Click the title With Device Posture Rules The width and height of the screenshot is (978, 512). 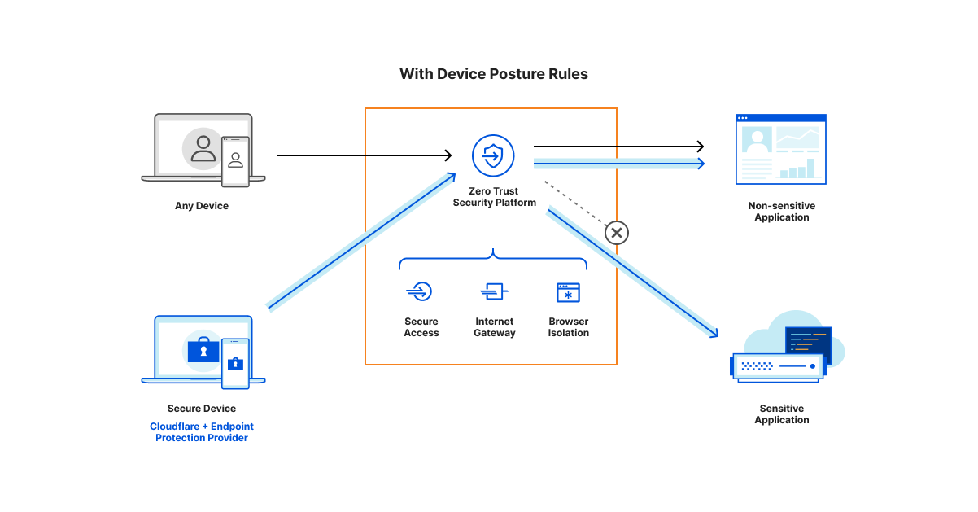pyautogui.click(x=493, y=74)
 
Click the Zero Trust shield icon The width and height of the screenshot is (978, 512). pyautogui.click(x=493, y=155)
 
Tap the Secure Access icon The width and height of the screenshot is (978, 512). pyautogui.click(x=421, y=291)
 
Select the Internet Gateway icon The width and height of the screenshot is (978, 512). pyautogui.click(x=494, y=291)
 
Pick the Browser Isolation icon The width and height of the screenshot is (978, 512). pyautogui.click(x=568, y=292)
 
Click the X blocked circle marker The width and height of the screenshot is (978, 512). pyautogui.click(x=616, y=234)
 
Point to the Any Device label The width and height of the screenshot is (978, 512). pyautogui.click(x=202, y=206)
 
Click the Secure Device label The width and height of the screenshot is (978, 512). pyautogui.click(x=202, y=409)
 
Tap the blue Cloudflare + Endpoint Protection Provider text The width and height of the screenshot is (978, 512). pyautogui.click(x=202, y=432)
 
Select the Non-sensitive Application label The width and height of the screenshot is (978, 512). pyautogui.click(x=781, y=212)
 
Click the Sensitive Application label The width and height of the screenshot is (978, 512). pyautogui.click(x=781, y=414)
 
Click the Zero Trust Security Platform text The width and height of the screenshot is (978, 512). pyautogui.click(x=494, y=197)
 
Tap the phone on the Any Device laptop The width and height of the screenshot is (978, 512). pyautogui.click(x=235, y=161)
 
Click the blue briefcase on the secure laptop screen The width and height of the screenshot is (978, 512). pyautogui.click(x=203, y=350)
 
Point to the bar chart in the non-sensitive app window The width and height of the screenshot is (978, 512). pyautogui.click(x=797, y=168)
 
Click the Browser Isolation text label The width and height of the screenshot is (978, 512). pyautogui.click(x=568, y=327)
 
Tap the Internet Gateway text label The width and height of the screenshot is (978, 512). pyautogui.click(x=494, y=327)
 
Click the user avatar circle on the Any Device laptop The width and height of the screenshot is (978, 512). pyautogui.click(x=202, y=148)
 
